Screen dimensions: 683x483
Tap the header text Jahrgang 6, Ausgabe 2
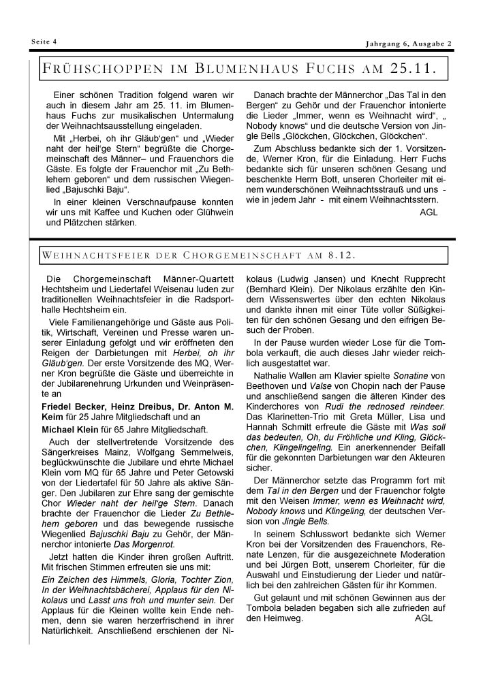[x=409, y=45]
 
